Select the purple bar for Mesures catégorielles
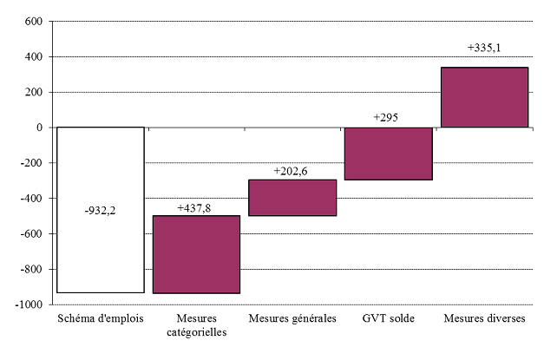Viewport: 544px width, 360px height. point(196,254)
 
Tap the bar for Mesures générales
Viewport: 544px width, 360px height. point(292,197)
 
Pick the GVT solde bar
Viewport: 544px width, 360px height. point(388,154)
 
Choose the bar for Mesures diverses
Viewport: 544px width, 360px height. point(484,97)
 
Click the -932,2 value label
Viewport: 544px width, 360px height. point(101,210)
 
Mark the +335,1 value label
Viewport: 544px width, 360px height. point(484,49)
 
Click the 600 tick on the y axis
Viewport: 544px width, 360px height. point(32,21)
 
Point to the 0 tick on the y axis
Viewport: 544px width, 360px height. point(39,128)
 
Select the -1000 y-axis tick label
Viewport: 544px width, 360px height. point(27,304)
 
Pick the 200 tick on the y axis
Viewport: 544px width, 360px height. point(32,92)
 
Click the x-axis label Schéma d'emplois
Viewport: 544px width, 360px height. point(101,319)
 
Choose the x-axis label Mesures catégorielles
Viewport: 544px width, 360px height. point(196,326)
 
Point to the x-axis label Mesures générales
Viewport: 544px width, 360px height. point(292,319)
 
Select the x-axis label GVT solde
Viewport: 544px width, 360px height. point(388,319)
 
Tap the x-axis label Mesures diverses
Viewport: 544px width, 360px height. point(484,319)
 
